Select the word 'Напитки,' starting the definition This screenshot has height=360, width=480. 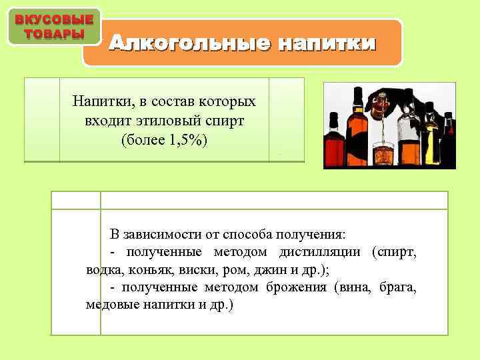tap(100, 101)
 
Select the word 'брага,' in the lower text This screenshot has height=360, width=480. tap(398, 287)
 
